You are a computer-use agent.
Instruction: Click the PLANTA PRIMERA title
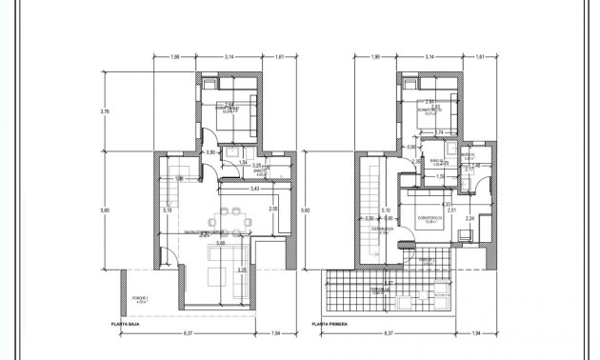point(329,325)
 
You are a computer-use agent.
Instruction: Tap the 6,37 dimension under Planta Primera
point(390,334)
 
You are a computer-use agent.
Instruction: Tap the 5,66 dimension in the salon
point(221,242)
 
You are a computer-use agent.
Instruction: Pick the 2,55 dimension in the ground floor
point(272,209)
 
